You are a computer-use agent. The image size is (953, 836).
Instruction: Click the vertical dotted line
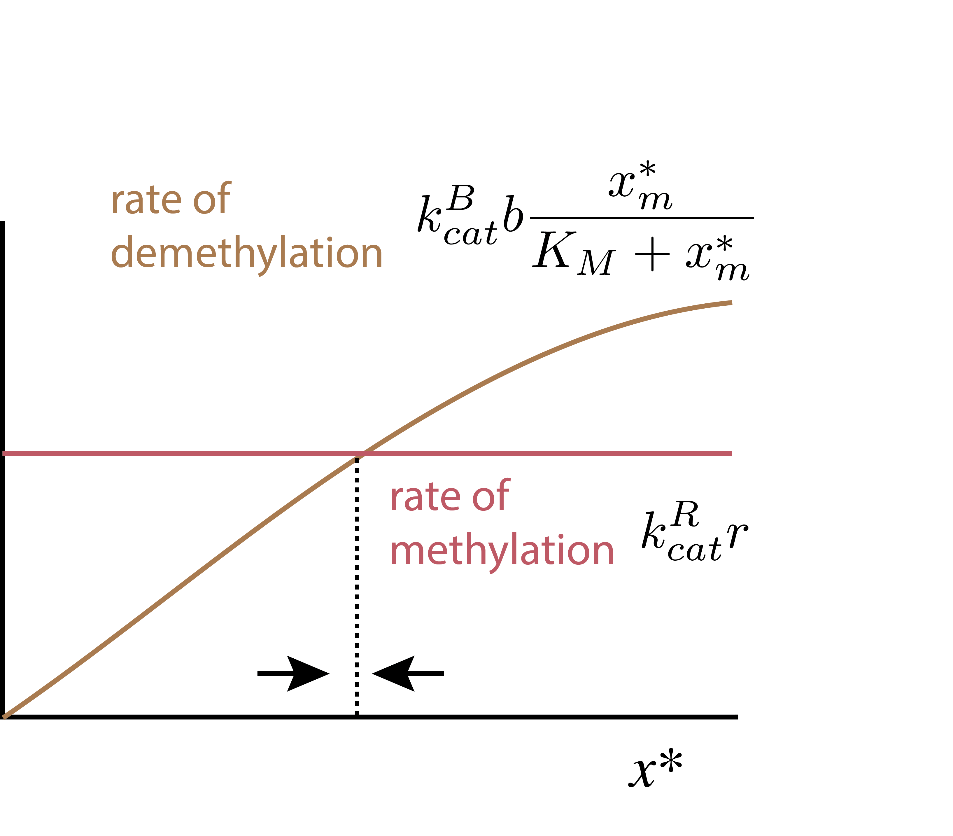click(x=357, y=583)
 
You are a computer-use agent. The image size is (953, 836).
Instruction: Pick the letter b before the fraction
click(x=513, y=214)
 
